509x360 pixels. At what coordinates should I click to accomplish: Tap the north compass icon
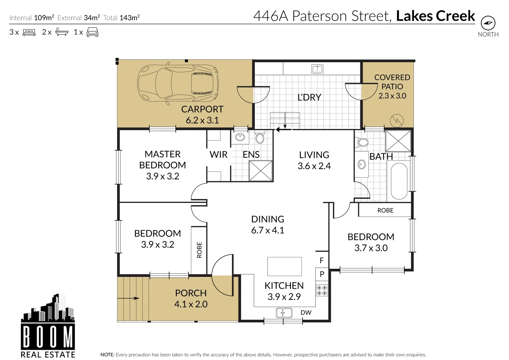(x=488, y=23)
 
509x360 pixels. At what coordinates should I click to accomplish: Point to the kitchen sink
(x=284, y=313)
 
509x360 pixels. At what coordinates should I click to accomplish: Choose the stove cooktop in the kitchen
(x=322, y=290)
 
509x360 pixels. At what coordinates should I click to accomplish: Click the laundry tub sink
(x=317, y=69)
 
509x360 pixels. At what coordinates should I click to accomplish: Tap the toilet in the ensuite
(x=260, y=138)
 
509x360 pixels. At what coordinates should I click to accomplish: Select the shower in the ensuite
(x=261, y=171)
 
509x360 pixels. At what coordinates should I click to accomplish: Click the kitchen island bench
(x=284, y=266)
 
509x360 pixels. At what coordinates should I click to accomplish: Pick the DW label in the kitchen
(x=306, y=313)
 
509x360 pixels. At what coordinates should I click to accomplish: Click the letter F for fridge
(x=322, y=261)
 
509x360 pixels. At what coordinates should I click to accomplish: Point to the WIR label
(x=218, y=155)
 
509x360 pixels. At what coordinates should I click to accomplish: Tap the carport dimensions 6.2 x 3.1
(x=202, y=120)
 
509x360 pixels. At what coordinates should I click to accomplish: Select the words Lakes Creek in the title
(x=435, y=16)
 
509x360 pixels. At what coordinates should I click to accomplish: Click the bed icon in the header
(x=29, y=32)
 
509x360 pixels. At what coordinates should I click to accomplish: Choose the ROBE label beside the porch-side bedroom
(x=199, y=250)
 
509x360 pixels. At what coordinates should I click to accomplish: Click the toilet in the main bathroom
(x=363, y=142)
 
